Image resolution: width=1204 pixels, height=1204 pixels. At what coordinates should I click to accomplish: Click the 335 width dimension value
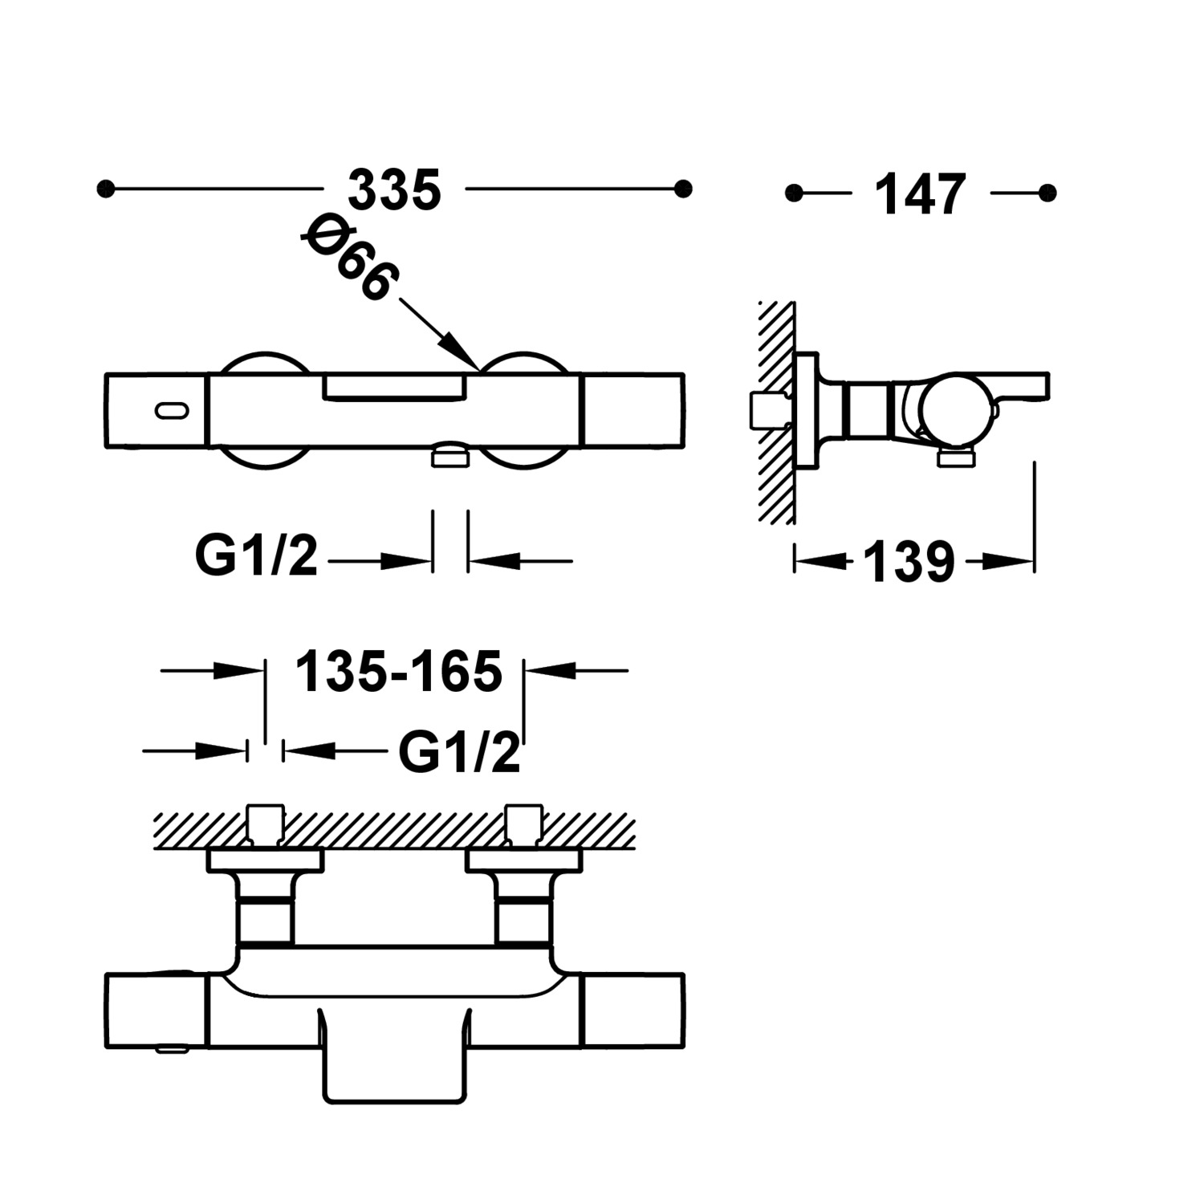(394, 190)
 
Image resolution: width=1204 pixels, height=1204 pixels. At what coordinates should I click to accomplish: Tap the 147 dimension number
(920, 194)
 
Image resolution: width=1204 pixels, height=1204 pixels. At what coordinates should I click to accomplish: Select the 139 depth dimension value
(909, 562)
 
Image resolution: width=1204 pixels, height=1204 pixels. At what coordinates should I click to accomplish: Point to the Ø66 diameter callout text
(350, 258)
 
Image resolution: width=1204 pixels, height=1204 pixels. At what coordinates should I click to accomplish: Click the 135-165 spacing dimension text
(399, 671)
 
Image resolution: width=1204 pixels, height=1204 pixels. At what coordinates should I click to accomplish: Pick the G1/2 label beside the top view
(459, 752)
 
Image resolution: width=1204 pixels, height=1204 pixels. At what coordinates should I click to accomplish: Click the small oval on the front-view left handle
(172, 410)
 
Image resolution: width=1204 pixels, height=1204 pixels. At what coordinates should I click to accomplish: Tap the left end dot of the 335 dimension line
(105, 189)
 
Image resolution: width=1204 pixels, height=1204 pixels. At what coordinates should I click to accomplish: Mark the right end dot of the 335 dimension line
(683, 189)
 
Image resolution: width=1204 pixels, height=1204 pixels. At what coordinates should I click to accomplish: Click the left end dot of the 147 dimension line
(794, 193)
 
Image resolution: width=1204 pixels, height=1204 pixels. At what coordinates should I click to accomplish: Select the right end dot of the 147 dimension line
(1047, 193)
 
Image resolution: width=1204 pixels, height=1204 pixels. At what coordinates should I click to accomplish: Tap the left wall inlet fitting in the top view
(265, 825)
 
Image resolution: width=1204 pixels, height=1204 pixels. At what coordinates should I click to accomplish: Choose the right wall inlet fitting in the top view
(524, 825)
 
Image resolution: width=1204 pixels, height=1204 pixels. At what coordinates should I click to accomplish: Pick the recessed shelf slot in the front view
(395, 388)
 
